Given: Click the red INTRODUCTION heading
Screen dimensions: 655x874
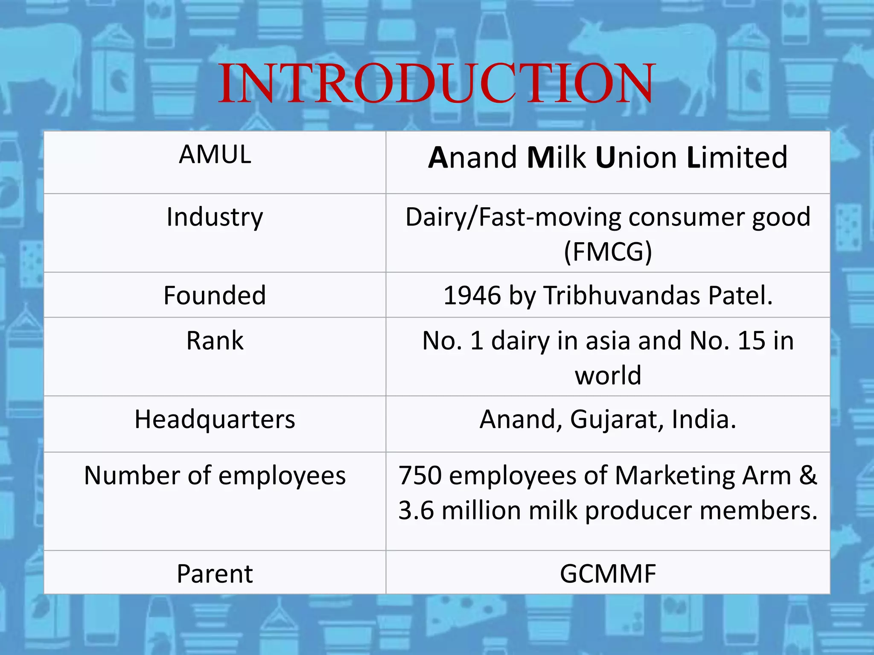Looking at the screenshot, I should click(436, 84).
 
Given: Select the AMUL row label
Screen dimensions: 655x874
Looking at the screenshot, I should click(215, 154).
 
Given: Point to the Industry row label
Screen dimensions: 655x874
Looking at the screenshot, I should click(215, 217).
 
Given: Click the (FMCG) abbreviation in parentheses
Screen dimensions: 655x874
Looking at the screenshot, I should click(608, 252).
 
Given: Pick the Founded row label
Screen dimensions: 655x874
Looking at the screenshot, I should click(215, 295).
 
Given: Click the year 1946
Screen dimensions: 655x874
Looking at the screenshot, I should click(472, 295).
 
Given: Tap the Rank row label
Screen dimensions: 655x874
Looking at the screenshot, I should click(215, 341).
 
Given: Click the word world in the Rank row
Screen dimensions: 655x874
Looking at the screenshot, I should click(608, 375).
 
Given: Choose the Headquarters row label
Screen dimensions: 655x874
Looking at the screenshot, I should click(215, 419).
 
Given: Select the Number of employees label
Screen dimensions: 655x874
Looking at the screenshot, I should click(215, 475).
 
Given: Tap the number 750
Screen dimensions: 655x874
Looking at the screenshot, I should click(420, 475).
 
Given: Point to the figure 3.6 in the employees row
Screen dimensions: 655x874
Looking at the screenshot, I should click(416, 510).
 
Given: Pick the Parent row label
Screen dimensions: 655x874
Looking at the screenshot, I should click(215, 574).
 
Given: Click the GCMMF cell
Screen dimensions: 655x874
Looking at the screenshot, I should click(608, 574).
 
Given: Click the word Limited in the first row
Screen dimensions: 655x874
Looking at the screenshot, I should click(737, 157).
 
